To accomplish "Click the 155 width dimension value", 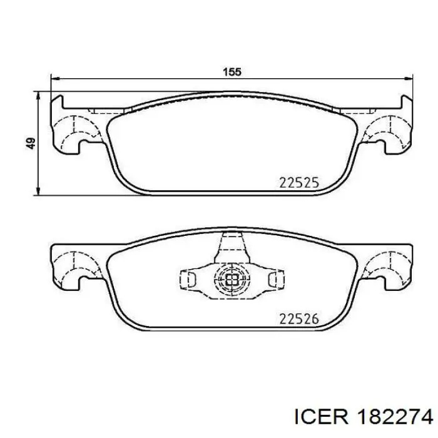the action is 232,72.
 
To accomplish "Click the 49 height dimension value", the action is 31,143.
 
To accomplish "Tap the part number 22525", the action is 299,183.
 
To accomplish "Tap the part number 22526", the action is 299,319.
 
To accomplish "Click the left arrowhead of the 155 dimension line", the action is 55,79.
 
